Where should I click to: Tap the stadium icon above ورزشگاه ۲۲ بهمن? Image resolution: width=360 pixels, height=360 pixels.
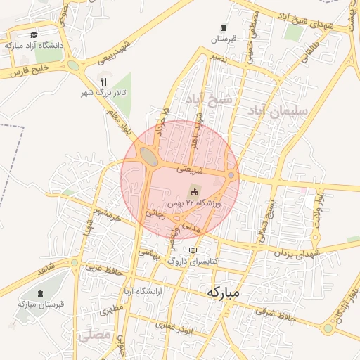coord(194,191)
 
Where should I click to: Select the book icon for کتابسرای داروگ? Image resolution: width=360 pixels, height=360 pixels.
coord(193,250)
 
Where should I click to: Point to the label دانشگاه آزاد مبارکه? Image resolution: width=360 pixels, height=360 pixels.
coord(33,45)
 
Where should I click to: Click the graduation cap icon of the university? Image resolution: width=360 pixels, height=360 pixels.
coord(33,34)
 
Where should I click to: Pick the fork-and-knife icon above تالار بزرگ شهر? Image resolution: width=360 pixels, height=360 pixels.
coord(105,82)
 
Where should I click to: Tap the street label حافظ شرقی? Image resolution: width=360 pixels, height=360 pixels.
coord(286,314)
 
